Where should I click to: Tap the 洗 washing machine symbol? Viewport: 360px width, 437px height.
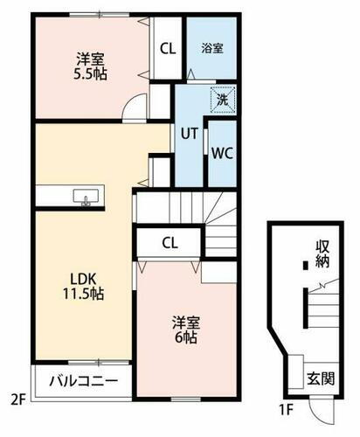coord(223,100)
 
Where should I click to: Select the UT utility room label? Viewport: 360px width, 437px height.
coord(188,134)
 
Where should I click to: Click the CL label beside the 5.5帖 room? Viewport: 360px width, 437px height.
coord(167,47)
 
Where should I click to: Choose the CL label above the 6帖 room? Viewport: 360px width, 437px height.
coord(171,242)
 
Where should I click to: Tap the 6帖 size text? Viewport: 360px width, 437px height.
coord(183,337)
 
